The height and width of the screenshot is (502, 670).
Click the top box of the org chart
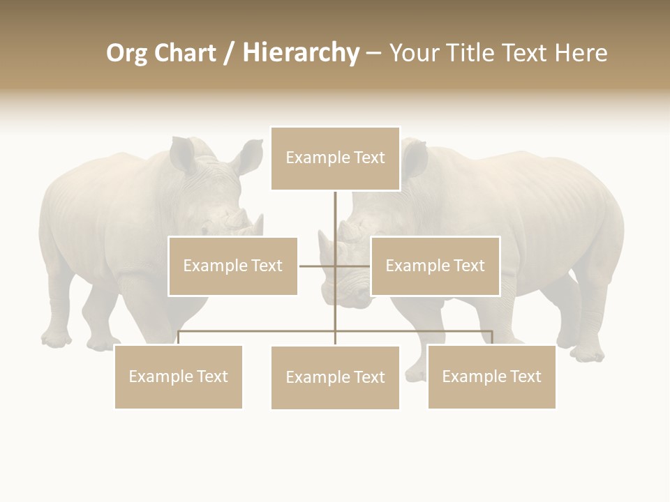pos(335,158)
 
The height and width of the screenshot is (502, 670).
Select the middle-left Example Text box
pos(232,266)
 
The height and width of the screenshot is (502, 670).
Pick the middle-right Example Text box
pos(435,266)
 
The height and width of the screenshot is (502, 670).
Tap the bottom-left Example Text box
pos(178,376)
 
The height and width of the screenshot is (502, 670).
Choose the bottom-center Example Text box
pos(335,377)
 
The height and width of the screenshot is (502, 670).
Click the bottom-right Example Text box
pos(491,376)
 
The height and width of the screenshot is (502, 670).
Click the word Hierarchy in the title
pos(301,53)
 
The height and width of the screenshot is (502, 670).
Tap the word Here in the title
pos(581,53)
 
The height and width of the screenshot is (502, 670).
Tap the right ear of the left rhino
pos(248,156)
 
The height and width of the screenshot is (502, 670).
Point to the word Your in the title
pos(416,53)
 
